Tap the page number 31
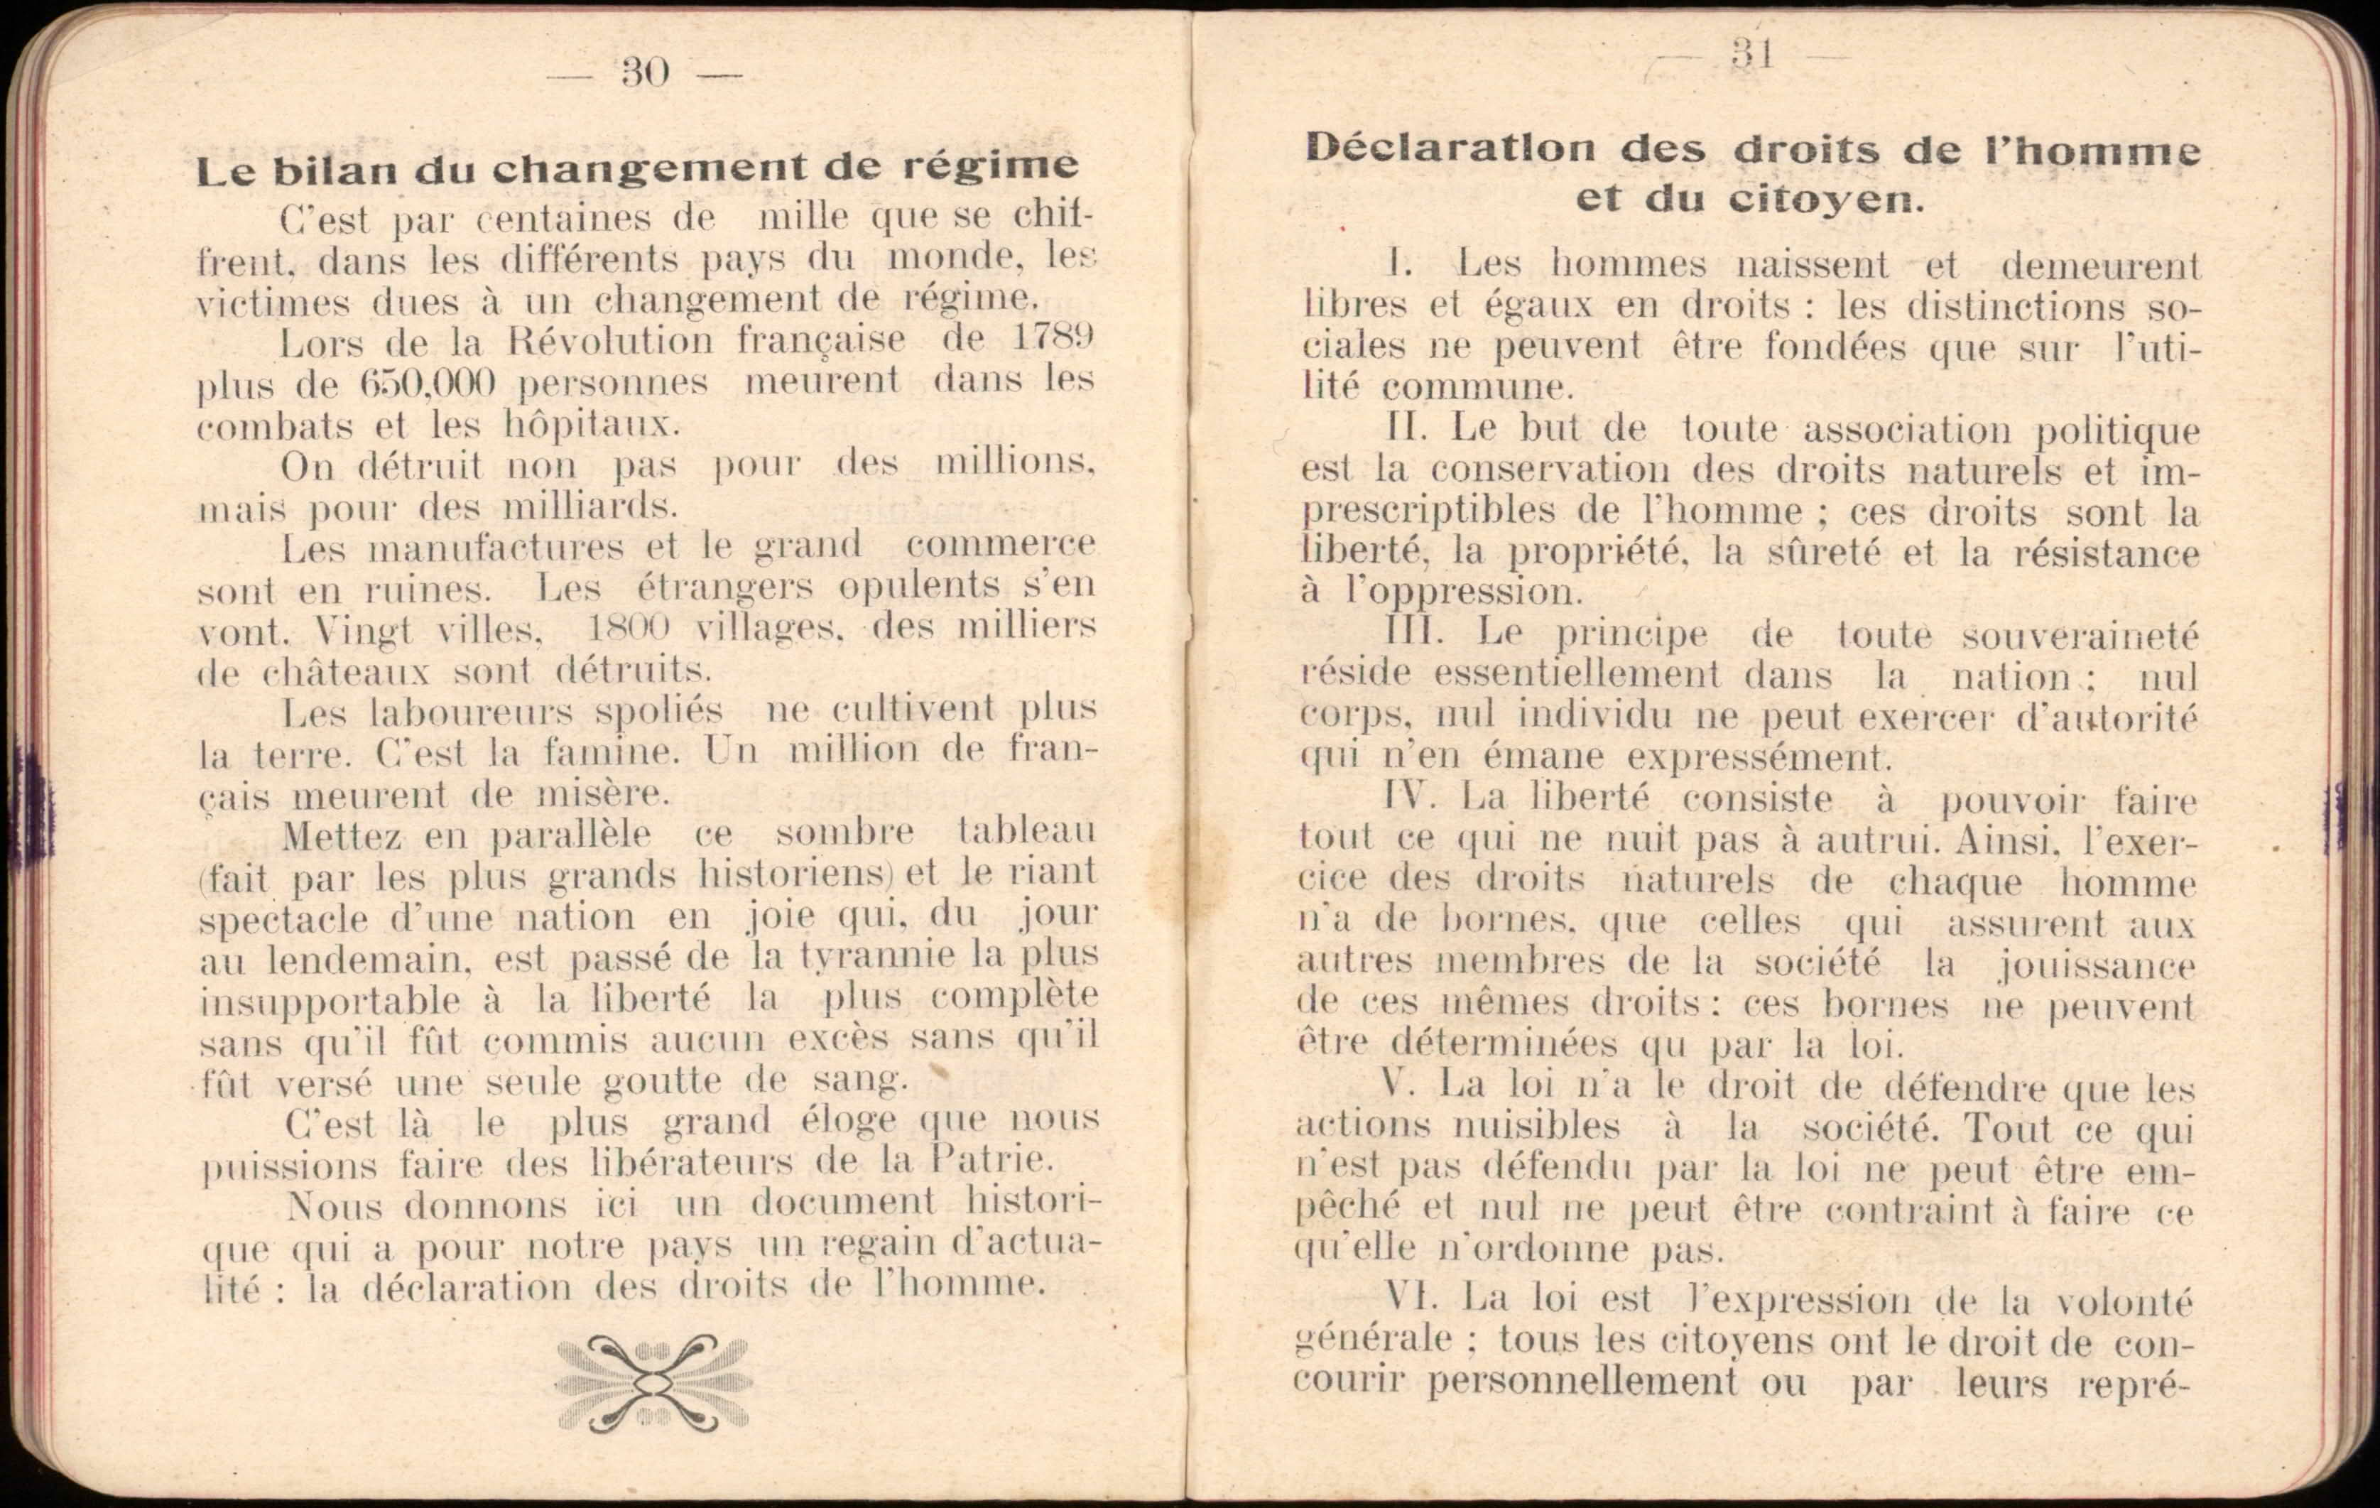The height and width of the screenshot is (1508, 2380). [1752, 55]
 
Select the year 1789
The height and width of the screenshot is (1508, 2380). [1053, 338]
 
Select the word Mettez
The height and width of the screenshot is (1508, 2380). [342, 837]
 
